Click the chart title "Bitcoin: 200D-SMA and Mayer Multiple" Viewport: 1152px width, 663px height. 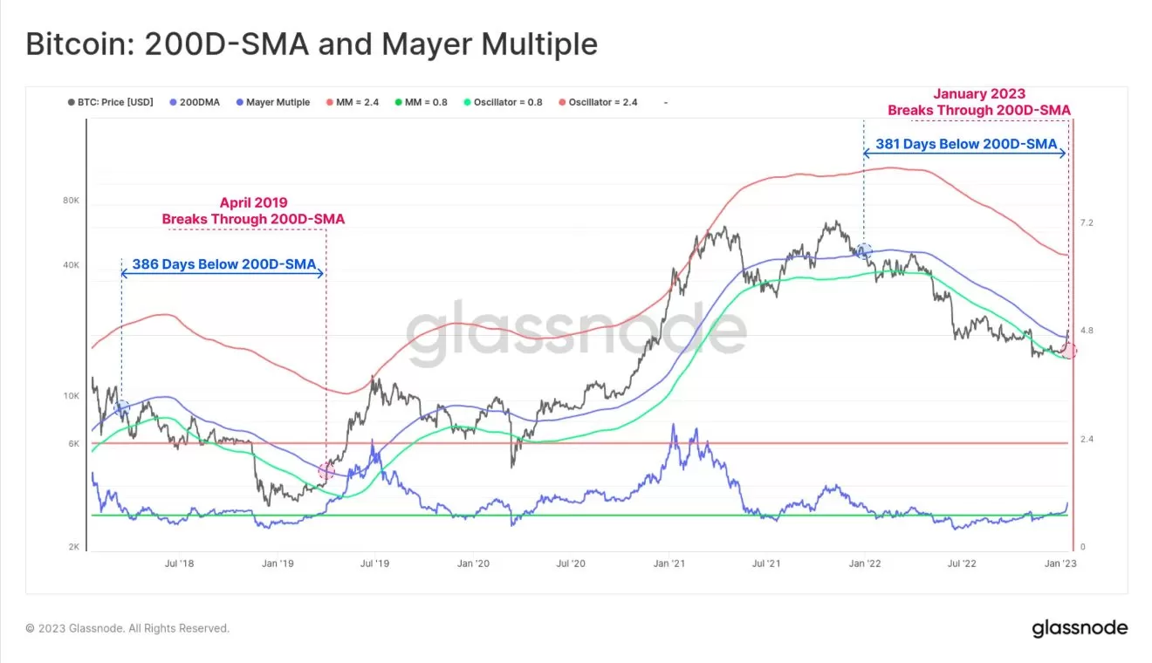coord(312,44)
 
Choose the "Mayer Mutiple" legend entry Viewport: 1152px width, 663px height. coord(272,102)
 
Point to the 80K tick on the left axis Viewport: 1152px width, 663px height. coord(71,201)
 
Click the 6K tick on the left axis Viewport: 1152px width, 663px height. coord(73,443)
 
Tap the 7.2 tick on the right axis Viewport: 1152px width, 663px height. coord(1087,223)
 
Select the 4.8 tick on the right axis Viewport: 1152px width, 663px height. coord(1087,331)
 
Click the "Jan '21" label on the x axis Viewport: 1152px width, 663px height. coord(669,564)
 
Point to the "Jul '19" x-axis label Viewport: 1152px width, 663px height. coord(374,564)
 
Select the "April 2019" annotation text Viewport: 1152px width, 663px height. coord(253,202)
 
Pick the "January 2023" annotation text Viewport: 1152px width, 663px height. coord(979,93)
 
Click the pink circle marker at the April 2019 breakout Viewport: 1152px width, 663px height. coord(326,471)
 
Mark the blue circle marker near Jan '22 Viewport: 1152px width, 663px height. coord(864,251)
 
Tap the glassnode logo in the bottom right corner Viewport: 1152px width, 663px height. coord(1080,628)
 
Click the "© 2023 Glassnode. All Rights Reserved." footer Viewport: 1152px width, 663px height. coord(127,628)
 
